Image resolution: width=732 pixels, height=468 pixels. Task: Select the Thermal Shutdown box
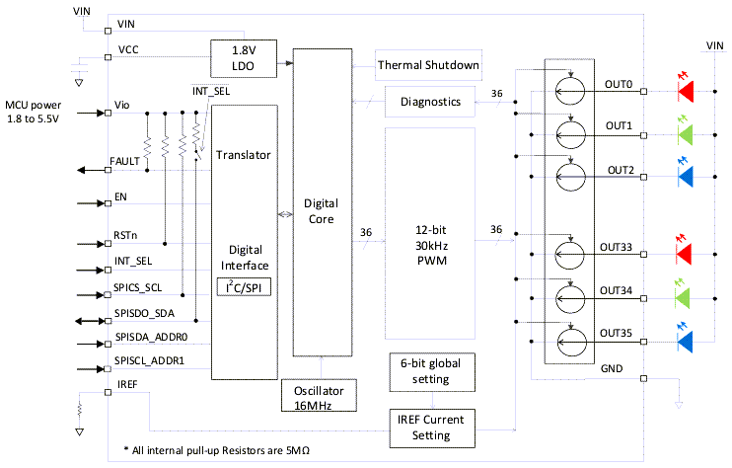tap(428, 66)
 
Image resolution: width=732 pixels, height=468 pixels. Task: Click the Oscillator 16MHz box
tap(318, 395)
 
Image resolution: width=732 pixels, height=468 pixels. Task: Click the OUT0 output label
tap(620, 85)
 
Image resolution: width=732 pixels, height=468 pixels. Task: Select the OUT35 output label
tap(620, 333)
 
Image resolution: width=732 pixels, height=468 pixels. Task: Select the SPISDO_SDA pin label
tap(144, 314)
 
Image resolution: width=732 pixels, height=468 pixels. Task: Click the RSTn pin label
tap(127, 237)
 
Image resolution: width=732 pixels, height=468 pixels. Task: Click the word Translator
tap(243, 155)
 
